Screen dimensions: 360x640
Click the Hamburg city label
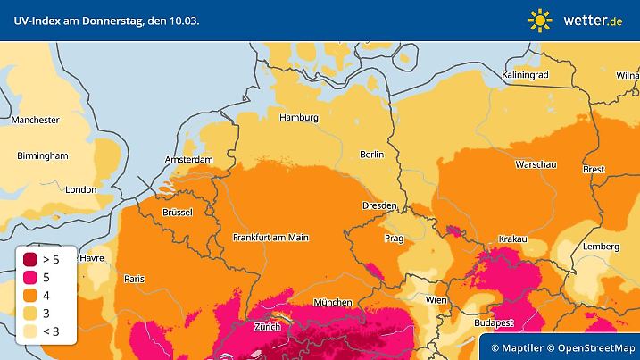pos(299,117)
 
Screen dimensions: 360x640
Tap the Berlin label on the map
pos(371,154)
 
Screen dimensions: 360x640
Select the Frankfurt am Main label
pos(270,237)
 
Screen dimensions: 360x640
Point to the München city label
pos(332,302)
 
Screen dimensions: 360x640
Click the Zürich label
pos(267,327)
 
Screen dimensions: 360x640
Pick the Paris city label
pos(134,278)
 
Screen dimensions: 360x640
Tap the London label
pos(80,189)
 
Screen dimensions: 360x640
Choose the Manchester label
pos(36,120)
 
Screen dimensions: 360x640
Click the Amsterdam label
pos(189,160)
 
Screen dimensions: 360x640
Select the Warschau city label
pos(536,165)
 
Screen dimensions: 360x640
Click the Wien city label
pos(436,299)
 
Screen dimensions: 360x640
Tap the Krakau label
pos(512,239)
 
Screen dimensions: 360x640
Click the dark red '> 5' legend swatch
pos(31,259)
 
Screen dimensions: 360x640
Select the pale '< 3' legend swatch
pos(31,331)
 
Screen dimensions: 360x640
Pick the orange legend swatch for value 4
pos(31,295)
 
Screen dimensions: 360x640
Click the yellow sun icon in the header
pos(540,19)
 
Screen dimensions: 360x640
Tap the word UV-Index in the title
pos(34,20)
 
